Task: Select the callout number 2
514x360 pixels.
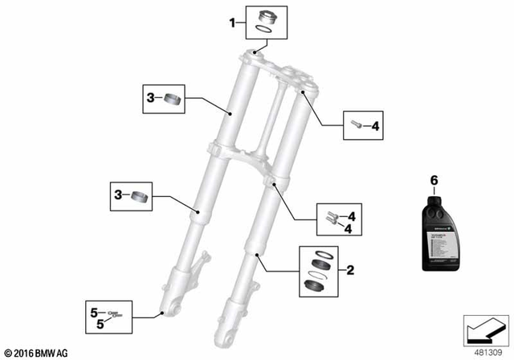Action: pos(350,271)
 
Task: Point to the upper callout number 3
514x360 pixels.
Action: pos(150,100)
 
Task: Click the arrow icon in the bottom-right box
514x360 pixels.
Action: pos(482,329)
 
